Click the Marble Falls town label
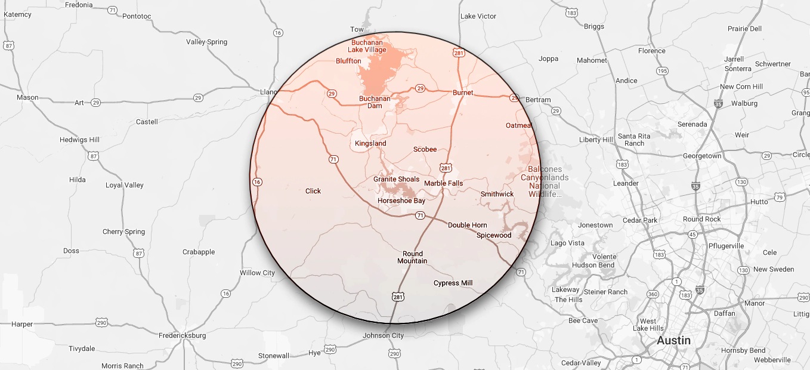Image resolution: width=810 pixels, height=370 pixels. (443, 183)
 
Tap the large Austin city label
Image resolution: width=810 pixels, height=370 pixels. (673, 341)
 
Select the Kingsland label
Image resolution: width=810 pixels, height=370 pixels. (370, 144)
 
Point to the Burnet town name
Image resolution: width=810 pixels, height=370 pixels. (463, 92)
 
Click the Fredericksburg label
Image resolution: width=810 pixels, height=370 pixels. (182, 335)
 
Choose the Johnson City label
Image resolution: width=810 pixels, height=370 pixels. (383, 335)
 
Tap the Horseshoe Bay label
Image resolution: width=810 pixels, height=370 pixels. (401, 201)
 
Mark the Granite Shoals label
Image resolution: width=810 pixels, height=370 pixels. (396, 179)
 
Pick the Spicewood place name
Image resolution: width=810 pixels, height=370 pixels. (494, 235)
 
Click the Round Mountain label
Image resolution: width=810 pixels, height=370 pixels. (412, 257)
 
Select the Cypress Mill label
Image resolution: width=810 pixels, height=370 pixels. (453, 283)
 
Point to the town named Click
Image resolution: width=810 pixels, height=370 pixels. (313, 191)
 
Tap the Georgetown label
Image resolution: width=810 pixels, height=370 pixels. (702, 156)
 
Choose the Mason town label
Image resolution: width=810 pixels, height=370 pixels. (27, 97)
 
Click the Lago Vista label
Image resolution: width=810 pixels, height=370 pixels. (567, 243)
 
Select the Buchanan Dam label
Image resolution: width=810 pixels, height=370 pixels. (375, 102)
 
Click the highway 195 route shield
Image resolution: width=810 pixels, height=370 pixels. (662, 71)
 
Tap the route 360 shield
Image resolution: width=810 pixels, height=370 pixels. (653, 294)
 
